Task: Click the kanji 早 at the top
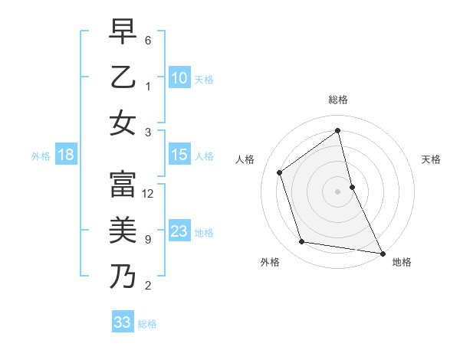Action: pos(122,33)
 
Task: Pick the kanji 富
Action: pos(122,184)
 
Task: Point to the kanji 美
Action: pos(122,230)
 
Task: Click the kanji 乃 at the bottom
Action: pos(122,276)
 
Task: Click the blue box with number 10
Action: pos(179,77)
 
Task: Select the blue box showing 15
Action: pos(179,155)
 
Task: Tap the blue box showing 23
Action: pos(179,231)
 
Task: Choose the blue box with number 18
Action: pos(65,155)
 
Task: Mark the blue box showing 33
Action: pos(123,322)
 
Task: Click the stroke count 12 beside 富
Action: pos(149,194)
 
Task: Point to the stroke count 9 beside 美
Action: pos(147,240)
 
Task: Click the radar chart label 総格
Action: pos(337,100)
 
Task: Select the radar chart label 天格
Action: pos(431,159)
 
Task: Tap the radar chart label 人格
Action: pos(245,159)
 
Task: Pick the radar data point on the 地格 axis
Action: pos(382,253)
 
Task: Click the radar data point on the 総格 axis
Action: pos(337,130)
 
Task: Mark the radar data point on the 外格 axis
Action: pos(302,242)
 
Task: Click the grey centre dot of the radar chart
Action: pos(337,191)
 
